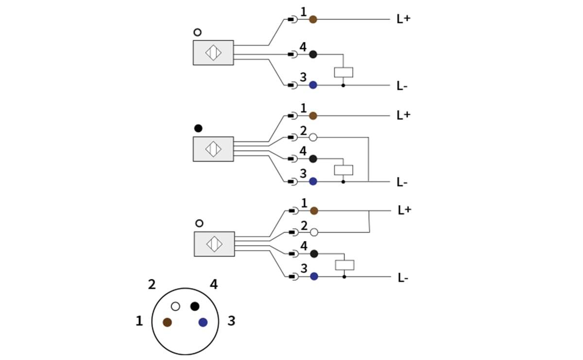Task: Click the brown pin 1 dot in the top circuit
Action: tap(313, 19)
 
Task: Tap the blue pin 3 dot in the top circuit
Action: tap(313, 85)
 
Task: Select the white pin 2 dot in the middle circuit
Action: tap(313, 137)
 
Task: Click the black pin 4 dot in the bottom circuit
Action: tap(314, 254)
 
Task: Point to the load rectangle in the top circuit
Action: tap(343, 72)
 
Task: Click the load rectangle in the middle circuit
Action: tap(343, 170)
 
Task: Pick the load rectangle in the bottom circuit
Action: tap(344, 265)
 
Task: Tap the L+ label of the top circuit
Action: tap(403, 19)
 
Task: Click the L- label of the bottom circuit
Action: tap(403, 278)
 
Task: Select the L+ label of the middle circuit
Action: tap(403, 116)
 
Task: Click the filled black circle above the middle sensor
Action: tap(198, 128)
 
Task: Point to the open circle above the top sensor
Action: tap(197, 33)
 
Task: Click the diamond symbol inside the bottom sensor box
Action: tap(214, 244)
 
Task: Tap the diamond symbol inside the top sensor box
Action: tap(213, 52)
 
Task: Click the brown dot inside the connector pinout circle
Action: tap(167, 322)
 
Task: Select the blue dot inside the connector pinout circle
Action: tap(203, 322)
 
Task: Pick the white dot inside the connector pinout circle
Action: tap(176, 307)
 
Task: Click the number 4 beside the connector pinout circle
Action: tap(214, 284)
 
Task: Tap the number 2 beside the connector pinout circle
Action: tap(152, 285)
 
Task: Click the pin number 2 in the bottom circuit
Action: tap(304, 225)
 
